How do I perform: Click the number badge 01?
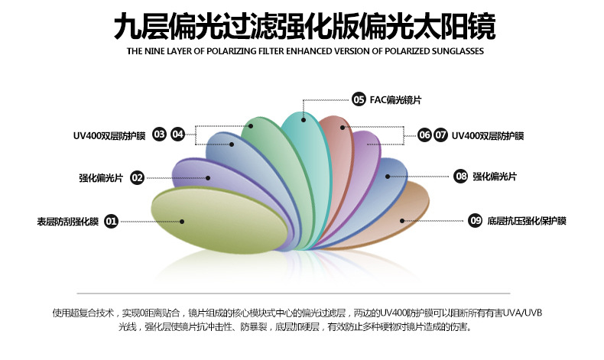click(x=112, y=222)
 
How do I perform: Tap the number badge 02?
click(x=137, y=178)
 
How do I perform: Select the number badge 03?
click(x=159, y=135)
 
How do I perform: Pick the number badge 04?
click(x=177, y=135)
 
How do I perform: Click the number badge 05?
click(x=359, y=99)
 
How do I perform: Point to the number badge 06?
click(x=424, y=135)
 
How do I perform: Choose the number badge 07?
click(x=440, y=135)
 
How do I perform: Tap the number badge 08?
click(x=461, y=177)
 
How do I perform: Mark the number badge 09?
click(x=476, y=221)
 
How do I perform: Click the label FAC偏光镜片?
click(x=395, y=100)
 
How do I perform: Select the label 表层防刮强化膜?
click(x=68, y=222)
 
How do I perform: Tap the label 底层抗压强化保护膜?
click(x=527, y=221)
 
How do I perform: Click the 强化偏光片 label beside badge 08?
click(x=495, y=177)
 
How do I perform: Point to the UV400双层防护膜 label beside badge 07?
click(x=488, y=136)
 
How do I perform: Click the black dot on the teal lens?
click(x=304, y=120)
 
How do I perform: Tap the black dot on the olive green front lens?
click(x=182, y=222)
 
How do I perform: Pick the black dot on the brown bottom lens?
click(x=402, y=221)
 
